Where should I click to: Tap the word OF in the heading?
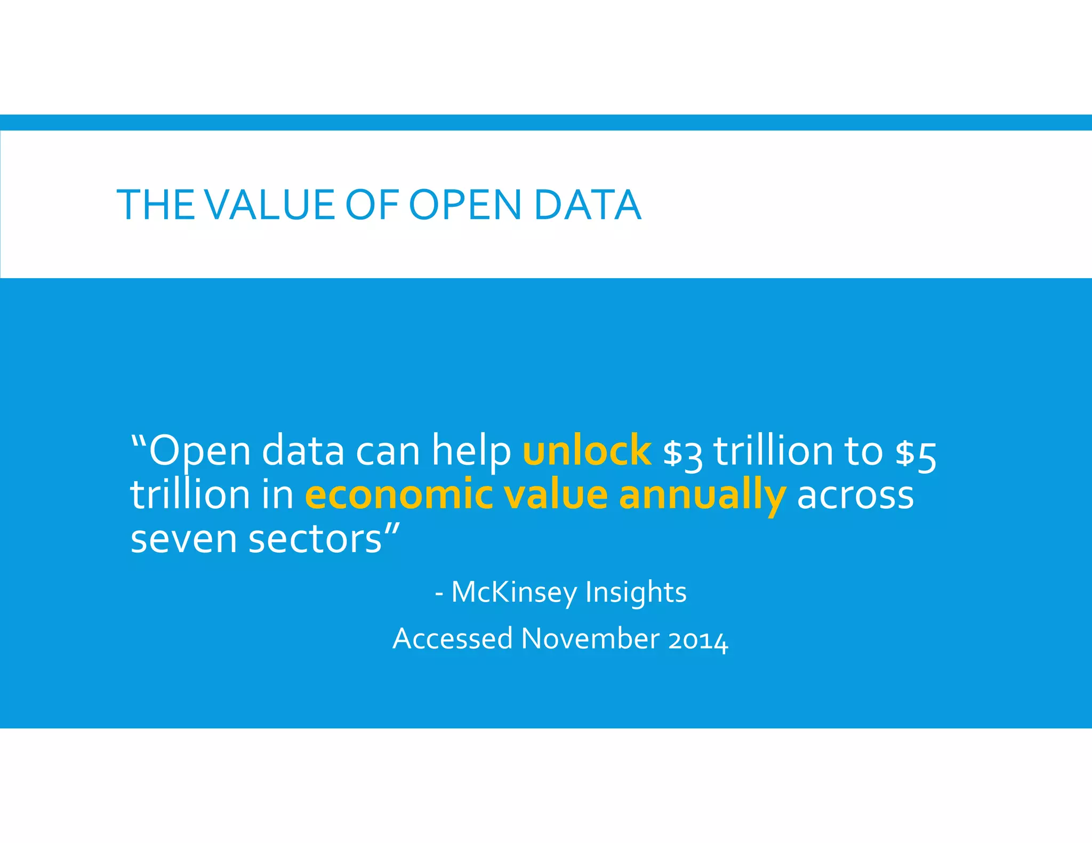pos(372,205)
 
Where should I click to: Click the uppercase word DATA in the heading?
pos(587,205)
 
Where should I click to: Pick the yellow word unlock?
pos(587,451)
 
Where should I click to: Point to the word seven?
pos(183,539)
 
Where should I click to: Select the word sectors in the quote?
pos(315,539)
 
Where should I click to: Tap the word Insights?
pos(636,593)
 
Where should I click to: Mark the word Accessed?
pos(453,638)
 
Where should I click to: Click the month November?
pos(590,638)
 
